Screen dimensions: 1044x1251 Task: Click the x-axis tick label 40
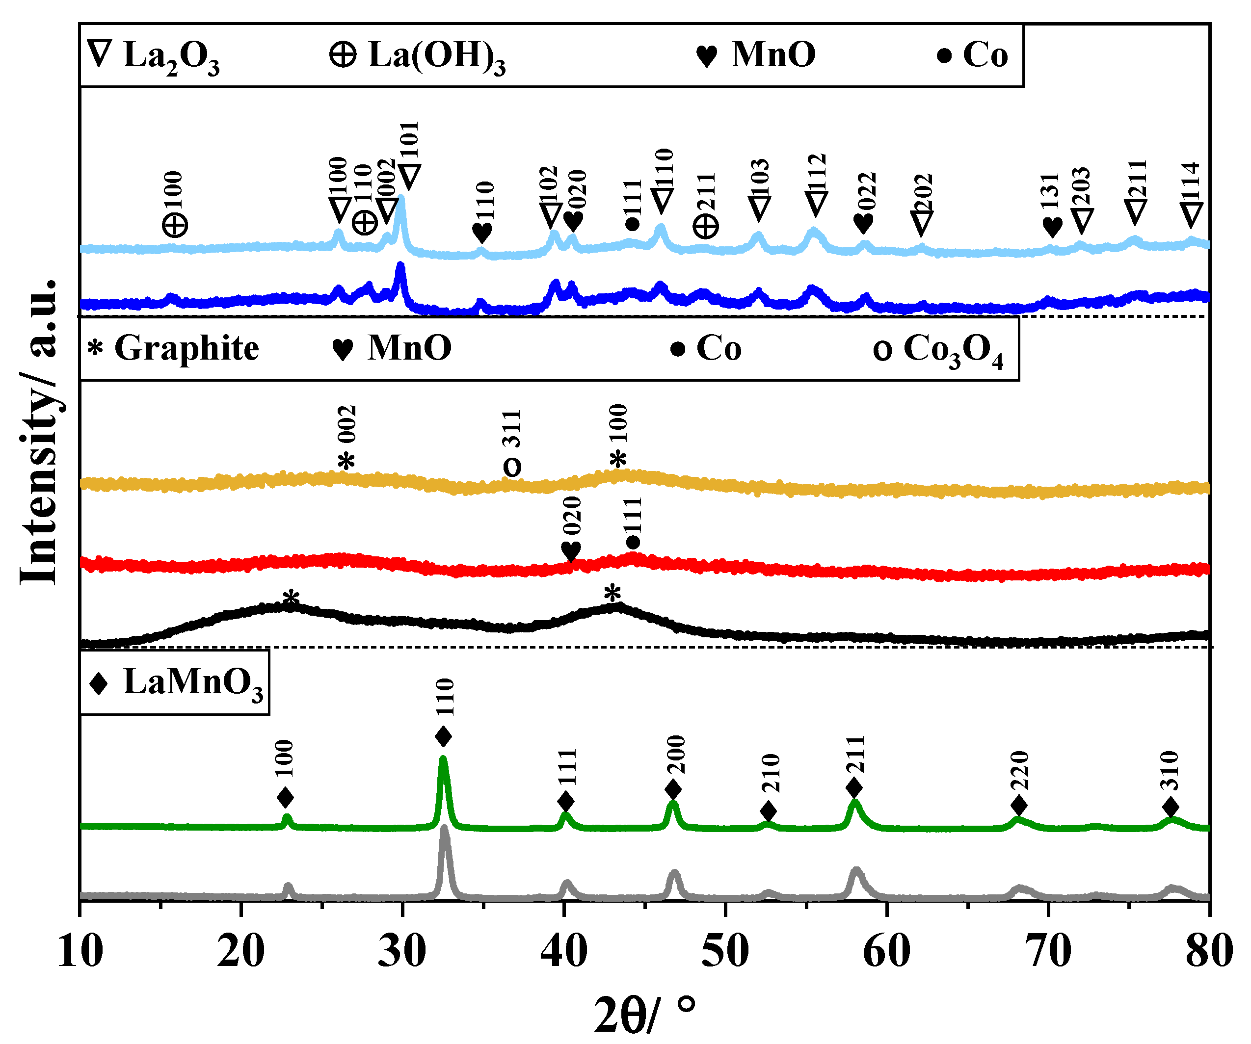[563, 951]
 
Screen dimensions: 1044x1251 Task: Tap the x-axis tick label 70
[1048, 951]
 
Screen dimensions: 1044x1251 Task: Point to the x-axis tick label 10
[80, 951]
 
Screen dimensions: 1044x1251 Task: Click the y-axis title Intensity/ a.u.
[39, 432]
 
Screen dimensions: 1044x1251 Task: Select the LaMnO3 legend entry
[175, 682]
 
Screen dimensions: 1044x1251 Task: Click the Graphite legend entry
[173, 348]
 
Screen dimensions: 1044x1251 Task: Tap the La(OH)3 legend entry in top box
[417, 56]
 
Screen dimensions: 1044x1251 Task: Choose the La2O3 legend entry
[154, 56]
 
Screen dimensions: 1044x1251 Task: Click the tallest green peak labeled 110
[443, 760]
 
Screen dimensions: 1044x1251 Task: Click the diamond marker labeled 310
[1171, 808]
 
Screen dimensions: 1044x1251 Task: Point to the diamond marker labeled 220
[1019, 806]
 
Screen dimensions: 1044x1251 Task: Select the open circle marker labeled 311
[512, 467]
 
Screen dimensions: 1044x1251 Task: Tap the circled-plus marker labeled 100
[175, 226]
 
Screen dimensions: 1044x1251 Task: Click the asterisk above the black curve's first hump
[291, 598]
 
